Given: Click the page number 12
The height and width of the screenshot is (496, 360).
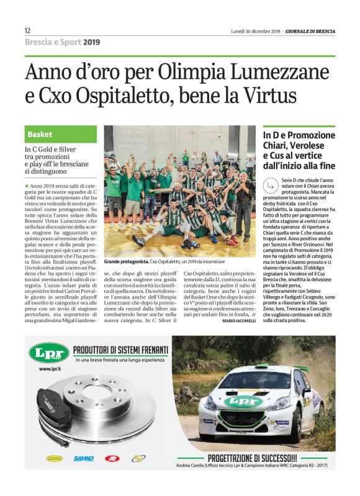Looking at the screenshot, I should point(28,30).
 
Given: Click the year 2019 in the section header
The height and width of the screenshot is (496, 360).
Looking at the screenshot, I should point(91,42).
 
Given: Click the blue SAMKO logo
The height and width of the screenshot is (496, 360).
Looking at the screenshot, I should point(84,458).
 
